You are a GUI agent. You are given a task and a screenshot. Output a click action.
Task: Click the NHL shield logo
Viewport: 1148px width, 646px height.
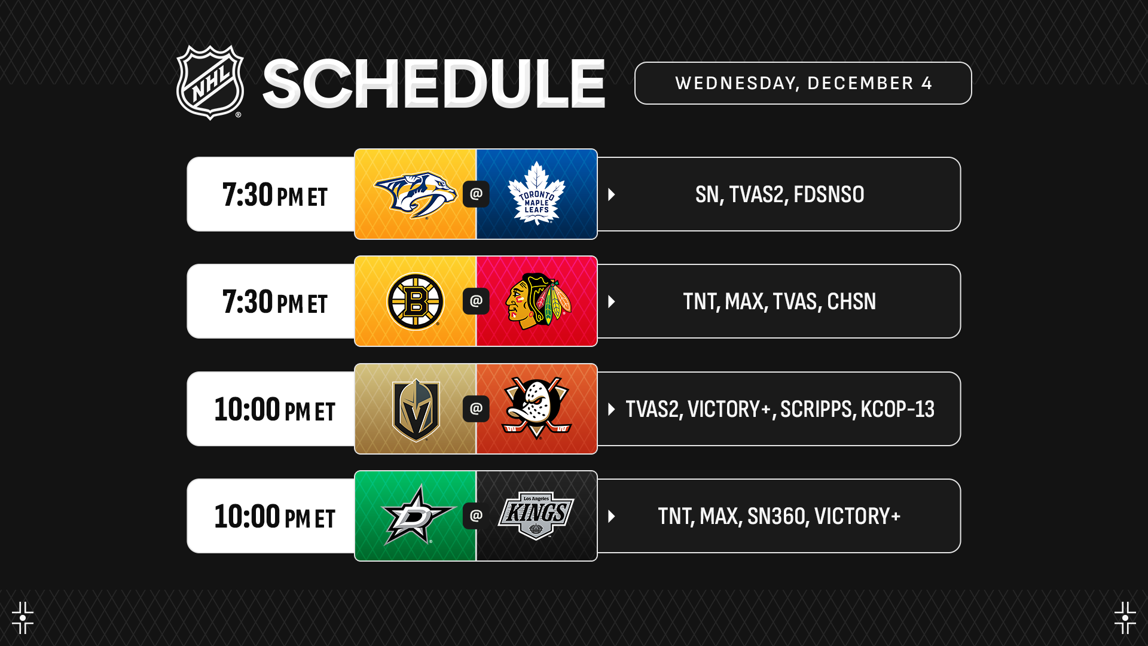(210, 83)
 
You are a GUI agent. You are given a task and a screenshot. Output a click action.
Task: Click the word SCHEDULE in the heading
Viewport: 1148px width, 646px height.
(434, 84)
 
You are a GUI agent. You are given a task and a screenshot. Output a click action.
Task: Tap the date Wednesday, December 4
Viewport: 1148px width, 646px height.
(803, 83)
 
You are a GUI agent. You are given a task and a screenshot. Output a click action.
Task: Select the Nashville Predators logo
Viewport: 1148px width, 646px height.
(415, 194)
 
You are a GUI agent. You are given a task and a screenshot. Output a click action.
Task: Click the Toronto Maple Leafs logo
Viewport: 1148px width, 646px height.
(536, 193)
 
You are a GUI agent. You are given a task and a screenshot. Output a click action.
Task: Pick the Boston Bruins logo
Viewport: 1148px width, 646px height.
(415, 301)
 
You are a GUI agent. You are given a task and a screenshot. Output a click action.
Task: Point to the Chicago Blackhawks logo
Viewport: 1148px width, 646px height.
(538, 301)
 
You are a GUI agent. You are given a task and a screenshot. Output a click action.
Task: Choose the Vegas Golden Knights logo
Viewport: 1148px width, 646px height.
(416, 409)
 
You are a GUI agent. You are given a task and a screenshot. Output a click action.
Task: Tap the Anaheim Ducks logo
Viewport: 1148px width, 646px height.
(536, 408)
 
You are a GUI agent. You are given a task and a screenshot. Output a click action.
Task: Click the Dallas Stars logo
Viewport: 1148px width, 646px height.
(417, 515)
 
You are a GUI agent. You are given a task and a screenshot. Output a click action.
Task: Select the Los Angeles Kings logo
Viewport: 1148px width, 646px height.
(536, 516)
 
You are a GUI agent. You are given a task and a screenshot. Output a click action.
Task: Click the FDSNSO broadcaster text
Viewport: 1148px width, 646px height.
(829, 194)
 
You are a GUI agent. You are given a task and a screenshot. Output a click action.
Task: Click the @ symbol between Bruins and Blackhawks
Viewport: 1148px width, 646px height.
(476, 301)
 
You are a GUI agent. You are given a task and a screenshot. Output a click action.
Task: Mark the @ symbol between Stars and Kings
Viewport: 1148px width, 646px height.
(476, 516)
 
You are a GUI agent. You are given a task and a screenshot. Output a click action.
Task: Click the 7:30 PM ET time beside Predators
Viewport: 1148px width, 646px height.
(275, 195)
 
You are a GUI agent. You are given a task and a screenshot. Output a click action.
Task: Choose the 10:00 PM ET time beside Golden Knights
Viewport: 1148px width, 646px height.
(275, 410)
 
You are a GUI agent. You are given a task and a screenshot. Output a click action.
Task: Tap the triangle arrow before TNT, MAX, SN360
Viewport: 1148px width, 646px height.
(612, 516)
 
